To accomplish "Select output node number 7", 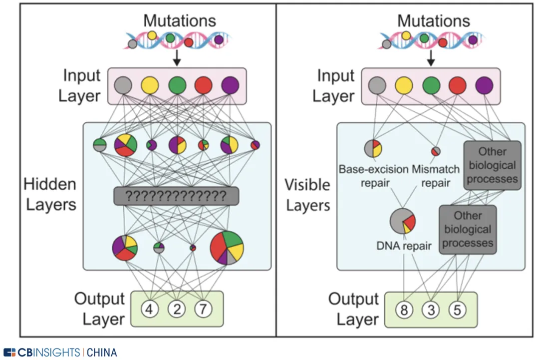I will [x=203, y=309].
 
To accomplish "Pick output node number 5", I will [x=457, y=310].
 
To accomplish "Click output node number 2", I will [x=176, y=309].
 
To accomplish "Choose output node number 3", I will [x=430, y=310].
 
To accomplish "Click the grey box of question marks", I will [x=176, y=195].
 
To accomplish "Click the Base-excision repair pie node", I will [x=373, y=149].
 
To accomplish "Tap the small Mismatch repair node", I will [x=436, y=151].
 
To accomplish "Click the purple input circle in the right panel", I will [x=485, y=86].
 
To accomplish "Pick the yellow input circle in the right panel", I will [x=404, y=86].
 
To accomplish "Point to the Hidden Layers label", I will [x=49, y=194].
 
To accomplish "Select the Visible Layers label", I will [x=307, y=195].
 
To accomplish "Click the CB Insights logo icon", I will [x=9, y=353].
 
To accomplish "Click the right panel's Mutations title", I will [x=433, y=21].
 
